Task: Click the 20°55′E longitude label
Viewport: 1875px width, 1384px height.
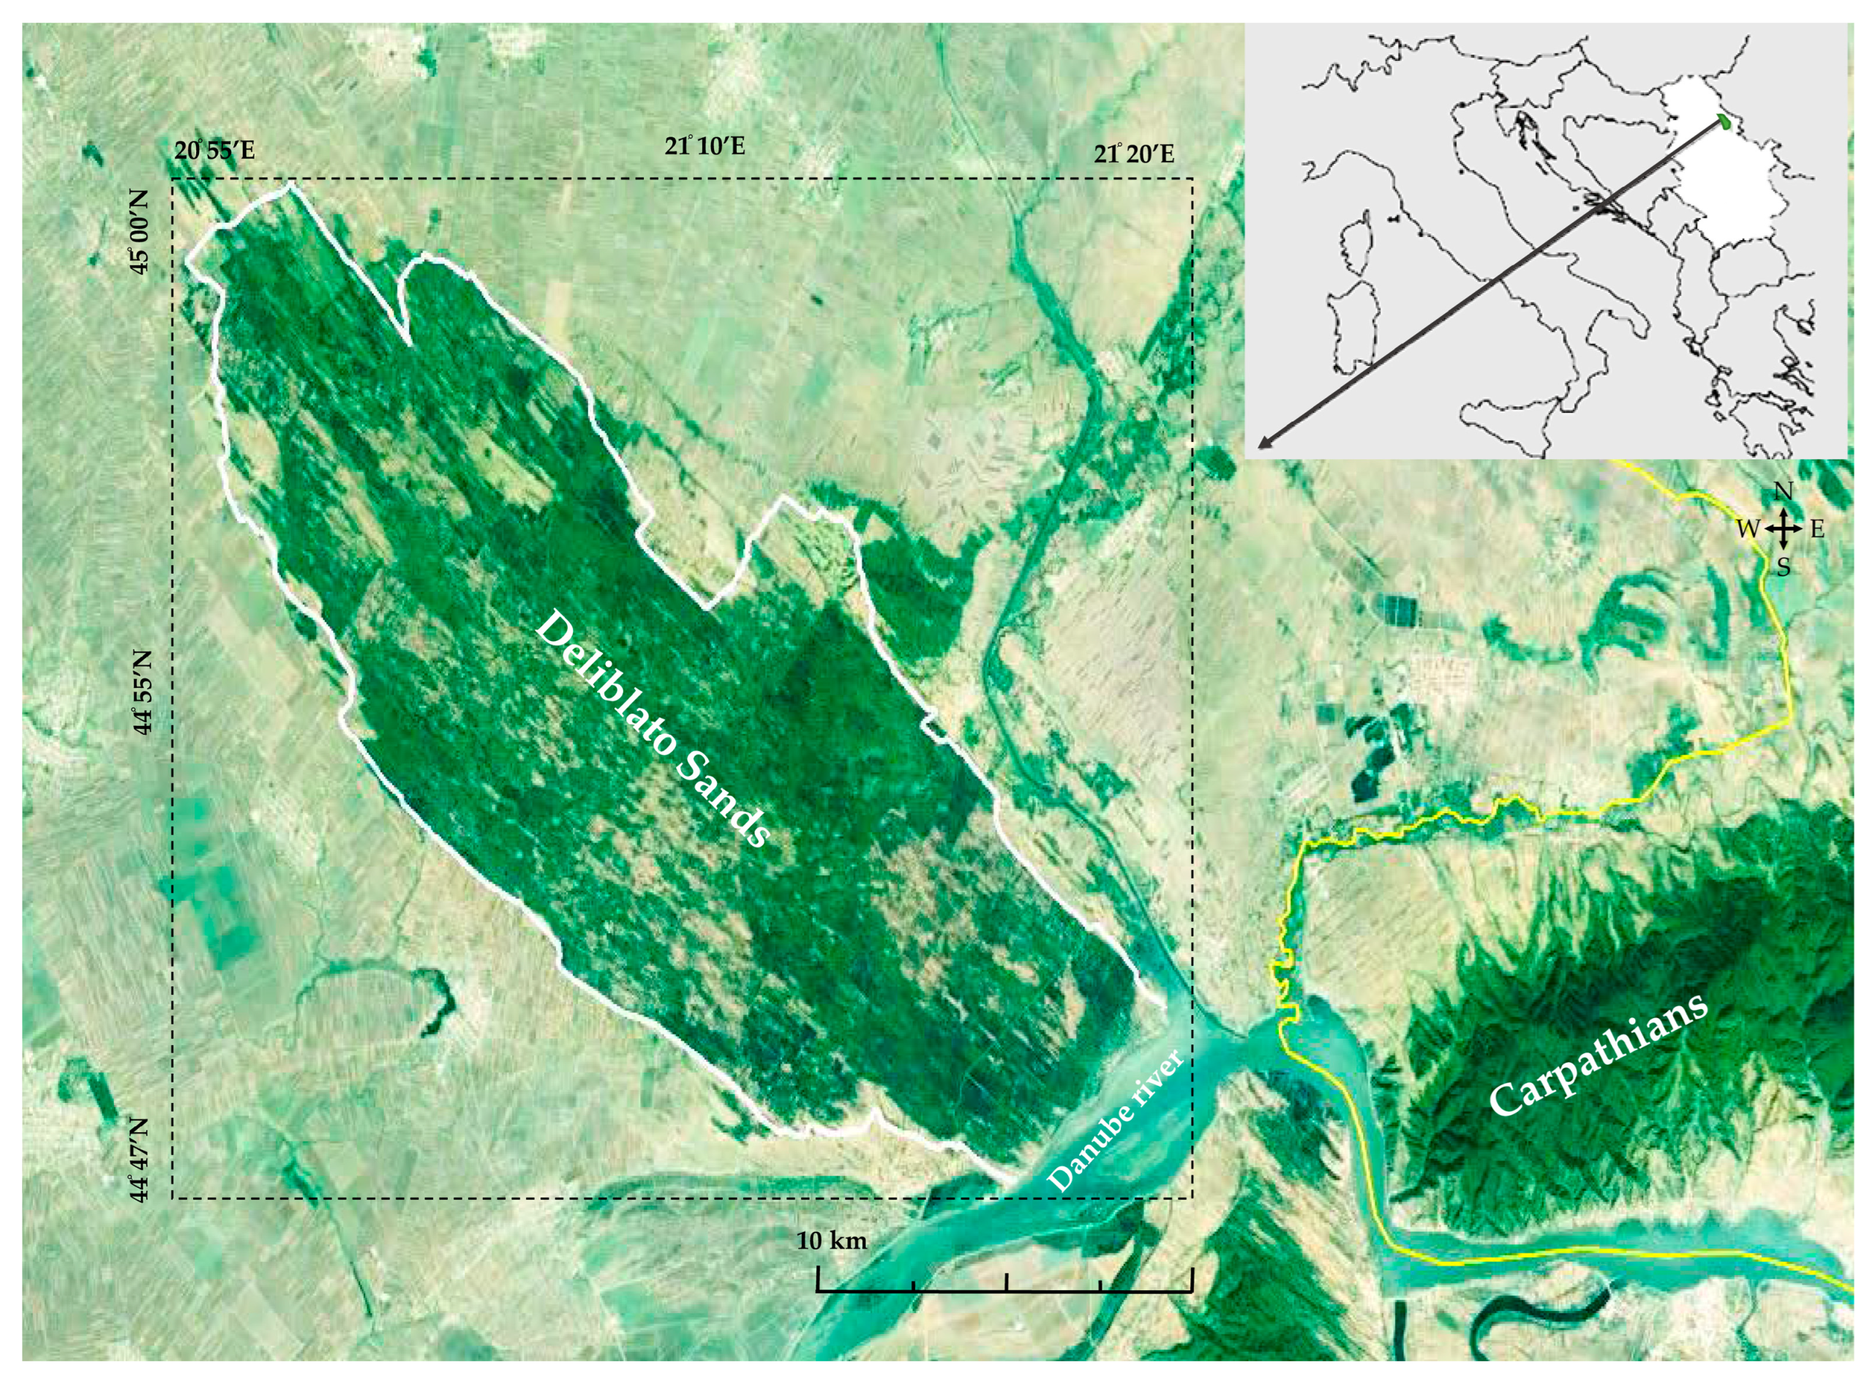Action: pos(214,152)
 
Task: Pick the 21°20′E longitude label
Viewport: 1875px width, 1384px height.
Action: pos(1134,155)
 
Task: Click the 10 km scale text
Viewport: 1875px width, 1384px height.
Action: pos(832,1239)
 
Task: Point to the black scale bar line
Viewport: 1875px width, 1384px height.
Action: pos(1004,1291)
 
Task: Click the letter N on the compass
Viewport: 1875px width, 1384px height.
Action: pos(1784,491)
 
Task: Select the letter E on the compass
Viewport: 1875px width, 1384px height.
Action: pos(1816,529)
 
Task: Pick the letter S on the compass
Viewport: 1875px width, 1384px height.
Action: pos(1784,568)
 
